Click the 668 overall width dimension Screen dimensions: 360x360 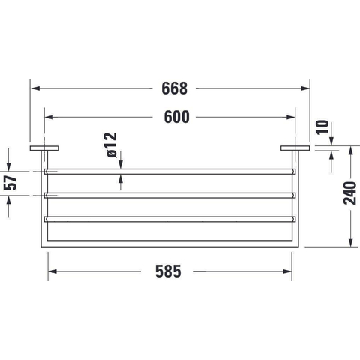[174, 88]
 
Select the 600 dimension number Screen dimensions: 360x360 [177, 117]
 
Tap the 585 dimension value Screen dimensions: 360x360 [168, 271]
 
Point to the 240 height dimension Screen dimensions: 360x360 [349, 193]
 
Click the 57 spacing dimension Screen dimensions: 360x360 [10, 183]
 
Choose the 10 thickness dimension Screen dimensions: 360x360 [322, 127]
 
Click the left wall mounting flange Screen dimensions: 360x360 [44, 148]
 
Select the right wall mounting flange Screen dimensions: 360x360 [295, 148]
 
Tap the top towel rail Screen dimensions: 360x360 [170, 172]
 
